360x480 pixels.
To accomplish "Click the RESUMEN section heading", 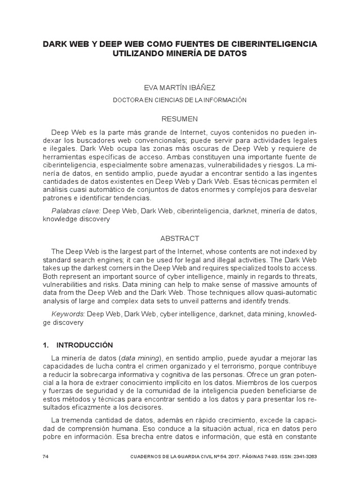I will [180, 119].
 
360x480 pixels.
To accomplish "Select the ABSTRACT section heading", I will [180, 238].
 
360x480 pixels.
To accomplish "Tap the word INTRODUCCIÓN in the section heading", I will [85, 345].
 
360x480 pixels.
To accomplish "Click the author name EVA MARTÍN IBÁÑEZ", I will [180, 87].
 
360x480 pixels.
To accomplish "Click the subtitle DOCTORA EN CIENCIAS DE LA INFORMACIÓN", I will [180, 100].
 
